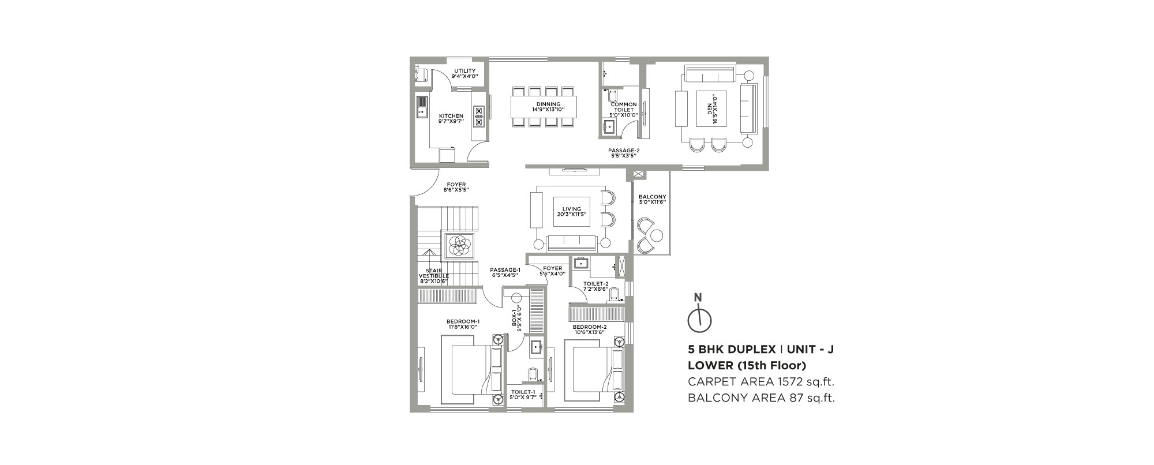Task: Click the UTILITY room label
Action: (x=464, y=73)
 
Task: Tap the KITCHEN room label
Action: (x=451, y=119)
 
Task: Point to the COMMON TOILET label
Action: (x=623, y=110)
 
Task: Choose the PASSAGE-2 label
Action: (x=624, y=152)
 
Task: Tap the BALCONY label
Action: (x=653, y=200)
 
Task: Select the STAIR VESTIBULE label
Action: (x=433, y=276)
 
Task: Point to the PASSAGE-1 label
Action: (x=505, y=272)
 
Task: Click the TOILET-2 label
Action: (x=596, y=286)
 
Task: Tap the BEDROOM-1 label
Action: (x=463, y=324)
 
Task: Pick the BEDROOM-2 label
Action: (x=590, y=329)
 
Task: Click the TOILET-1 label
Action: (x=523, y=395)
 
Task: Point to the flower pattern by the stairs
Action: (x=459, y=246)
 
